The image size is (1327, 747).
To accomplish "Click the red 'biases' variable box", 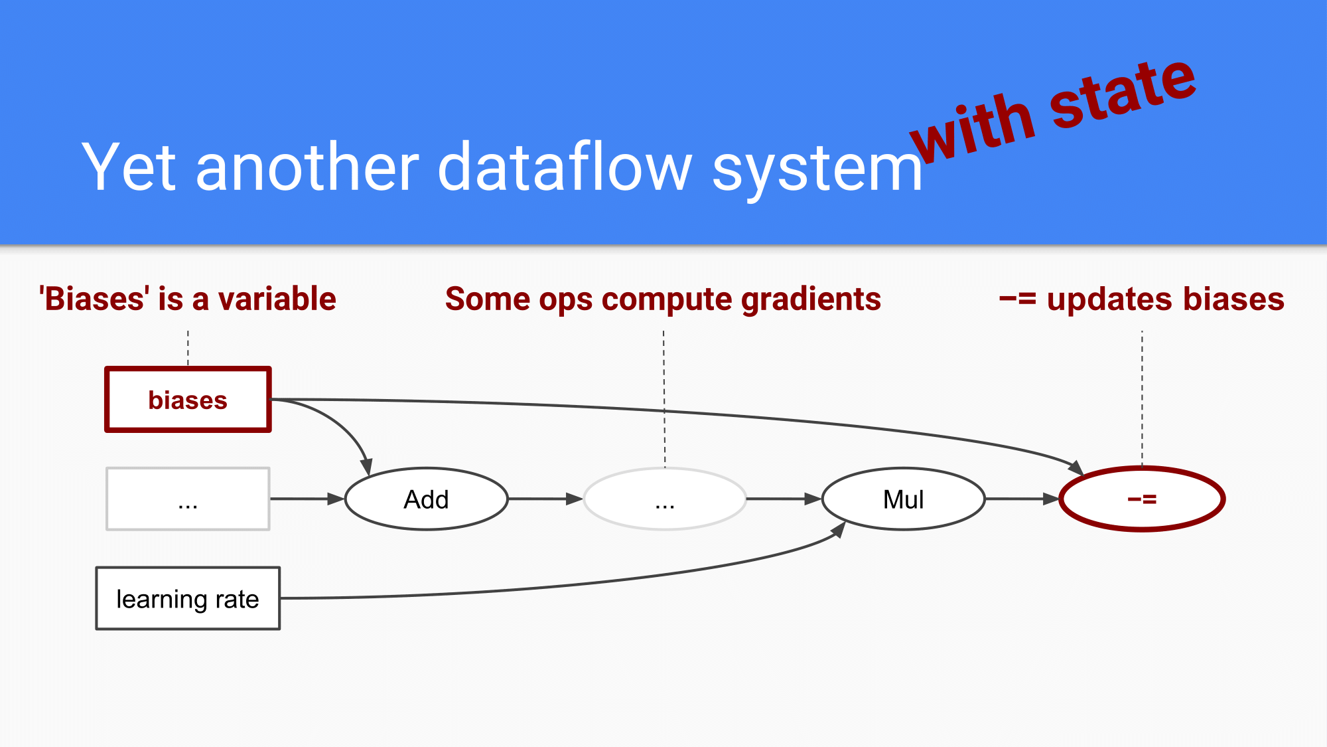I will pos(188,400).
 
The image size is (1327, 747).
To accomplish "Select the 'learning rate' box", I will pos(188,598).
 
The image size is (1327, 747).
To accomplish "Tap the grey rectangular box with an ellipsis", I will pos(188,499).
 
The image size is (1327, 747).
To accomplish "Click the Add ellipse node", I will pos(426,499).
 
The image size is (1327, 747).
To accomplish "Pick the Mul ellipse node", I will pos(903,499).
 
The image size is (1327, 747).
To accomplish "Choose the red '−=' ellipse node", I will pos(1142,499).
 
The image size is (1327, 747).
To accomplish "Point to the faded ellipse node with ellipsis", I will pos(665,499).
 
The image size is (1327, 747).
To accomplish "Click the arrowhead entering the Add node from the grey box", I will pos(336,499).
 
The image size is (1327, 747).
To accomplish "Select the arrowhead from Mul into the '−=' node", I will pos(1051,499).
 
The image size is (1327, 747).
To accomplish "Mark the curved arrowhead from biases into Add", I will pos(366,467).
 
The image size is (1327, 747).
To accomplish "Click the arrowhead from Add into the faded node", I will pos(575,499).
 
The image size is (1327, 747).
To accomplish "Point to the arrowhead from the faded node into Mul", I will pos(813,499).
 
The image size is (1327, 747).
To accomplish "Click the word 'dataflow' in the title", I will pos(565,167).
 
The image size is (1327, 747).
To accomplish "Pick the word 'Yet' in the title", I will pos(129,167).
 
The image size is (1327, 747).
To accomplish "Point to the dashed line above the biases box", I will pos(188,348).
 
